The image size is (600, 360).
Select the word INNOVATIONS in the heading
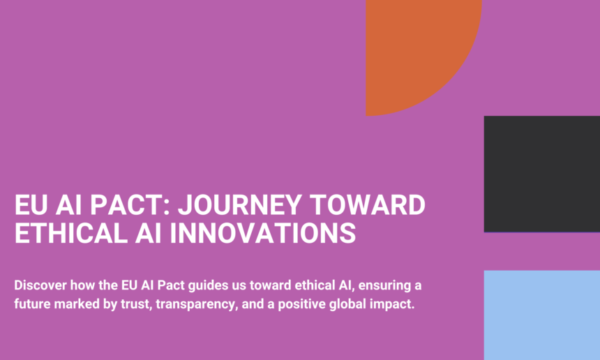point(263,233)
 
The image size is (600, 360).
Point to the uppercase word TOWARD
point(368,205)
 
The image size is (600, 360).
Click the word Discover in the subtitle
point(40,285)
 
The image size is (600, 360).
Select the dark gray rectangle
point(542,174)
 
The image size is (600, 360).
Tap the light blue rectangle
point(542,315)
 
